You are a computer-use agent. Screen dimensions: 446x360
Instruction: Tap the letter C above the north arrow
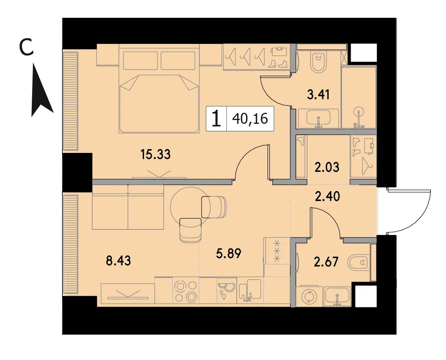click(26, 47)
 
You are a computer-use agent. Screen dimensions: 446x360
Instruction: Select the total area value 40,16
click(250, 118)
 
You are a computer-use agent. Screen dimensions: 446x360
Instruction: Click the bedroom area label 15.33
click(155, 154)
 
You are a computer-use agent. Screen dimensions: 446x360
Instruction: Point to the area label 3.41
click(318, 95)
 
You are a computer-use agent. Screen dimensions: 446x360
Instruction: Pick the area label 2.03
click(327, 167)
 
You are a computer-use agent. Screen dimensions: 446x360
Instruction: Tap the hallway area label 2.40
click(327, 196)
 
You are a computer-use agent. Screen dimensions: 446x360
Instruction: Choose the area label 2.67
click(326, 262)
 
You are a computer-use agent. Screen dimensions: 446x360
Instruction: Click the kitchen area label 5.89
click(228, 253)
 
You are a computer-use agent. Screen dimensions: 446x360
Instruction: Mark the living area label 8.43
click(118, 261)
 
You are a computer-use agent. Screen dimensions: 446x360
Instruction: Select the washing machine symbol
click(309, 297)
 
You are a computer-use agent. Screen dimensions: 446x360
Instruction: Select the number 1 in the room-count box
click(216, 118)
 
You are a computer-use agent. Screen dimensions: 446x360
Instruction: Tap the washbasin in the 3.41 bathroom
click(318, 118)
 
